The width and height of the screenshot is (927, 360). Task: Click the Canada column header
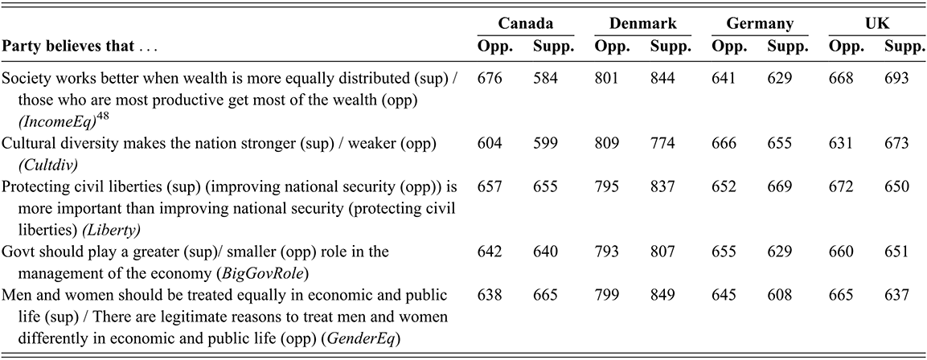tap(526, 23)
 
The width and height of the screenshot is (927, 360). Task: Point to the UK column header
tap(876, 23)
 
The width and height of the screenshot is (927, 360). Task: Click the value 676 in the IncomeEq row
tap(490, 78)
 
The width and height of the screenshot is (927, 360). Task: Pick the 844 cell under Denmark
tap(662, 78)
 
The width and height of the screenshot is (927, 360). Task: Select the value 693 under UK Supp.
tap(896, 78)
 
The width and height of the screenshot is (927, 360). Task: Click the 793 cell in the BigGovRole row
tap(606, 252)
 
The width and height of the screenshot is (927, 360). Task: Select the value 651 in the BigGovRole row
tap(896, 252)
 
